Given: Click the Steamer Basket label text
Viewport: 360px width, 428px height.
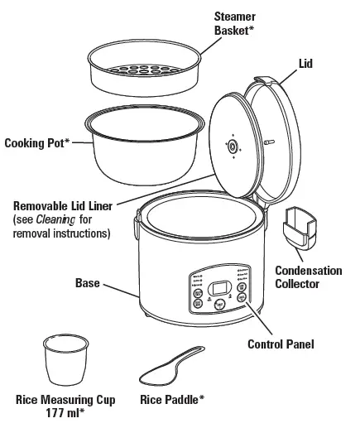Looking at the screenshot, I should [x=234, y=23].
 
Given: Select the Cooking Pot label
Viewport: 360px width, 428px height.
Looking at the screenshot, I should [x=37, y=142].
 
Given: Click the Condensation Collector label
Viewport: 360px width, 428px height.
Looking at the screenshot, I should [x=308, y=277].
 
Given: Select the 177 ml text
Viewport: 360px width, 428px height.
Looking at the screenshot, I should [x=66, y=411].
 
